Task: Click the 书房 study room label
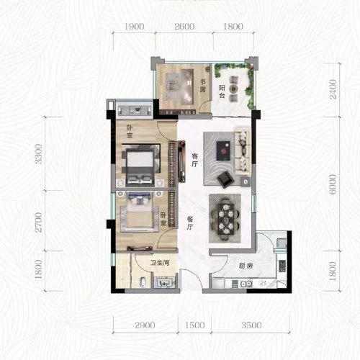203,86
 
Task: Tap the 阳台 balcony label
222,91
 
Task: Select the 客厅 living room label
195,160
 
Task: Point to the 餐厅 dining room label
190,223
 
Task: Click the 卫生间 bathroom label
160,263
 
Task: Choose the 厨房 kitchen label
246,266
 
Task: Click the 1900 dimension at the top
135,27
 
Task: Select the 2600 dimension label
184,27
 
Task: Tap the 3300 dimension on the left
38,154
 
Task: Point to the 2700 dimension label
38,222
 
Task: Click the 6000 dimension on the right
333,184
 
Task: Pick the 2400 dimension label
333,89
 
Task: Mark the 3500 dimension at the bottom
251,325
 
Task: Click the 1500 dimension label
195,325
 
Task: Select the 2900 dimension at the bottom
145,325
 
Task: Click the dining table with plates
226,219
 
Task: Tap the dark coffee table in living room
223,150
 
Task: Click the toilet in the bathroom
143,282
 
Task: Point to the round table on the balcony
233,89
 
